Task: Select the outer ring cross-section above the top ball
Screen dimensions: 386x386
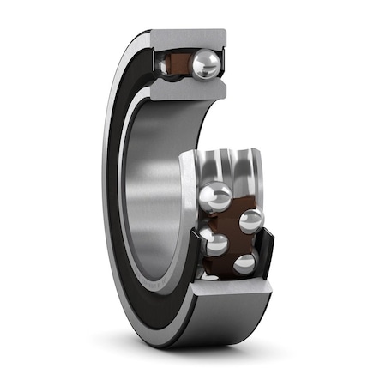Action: pyautogui.click(x=190, y=39)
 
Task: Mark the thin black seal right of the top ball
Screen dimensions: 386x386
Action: pyautogui.click(x=223, y=65)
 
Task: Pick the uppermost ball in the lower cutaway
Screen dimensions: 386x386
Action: pyautogui.click(x=214, y=196)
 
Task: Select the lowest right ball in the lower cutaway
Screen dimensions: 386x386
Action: pyautogui.click(x=245, y=263)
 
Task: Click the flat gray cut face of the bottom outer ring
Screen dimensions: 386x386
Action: pyautogui.click(x=227, y=290)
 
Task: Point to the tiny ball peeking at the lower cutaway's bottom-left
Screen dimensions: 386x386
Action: pyautogui.click(x=208, y=275)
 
